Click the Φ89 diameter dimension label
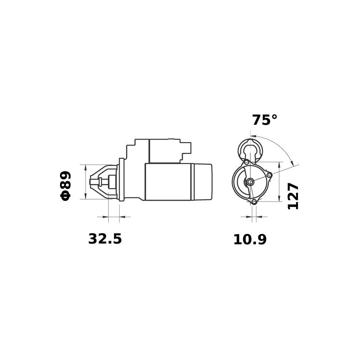[66, 186]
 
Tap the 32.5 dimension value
[105, 239]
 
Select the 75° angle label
[265, 120]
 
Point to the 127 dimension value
[293, 196]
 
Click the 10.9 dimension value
[250, 240]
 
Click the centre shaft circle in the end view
[250, 182]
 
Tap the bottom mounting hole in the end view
[254, 202]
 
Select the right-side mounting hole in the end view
[269, 176]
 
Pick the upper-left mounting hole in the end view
[246, 162]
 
